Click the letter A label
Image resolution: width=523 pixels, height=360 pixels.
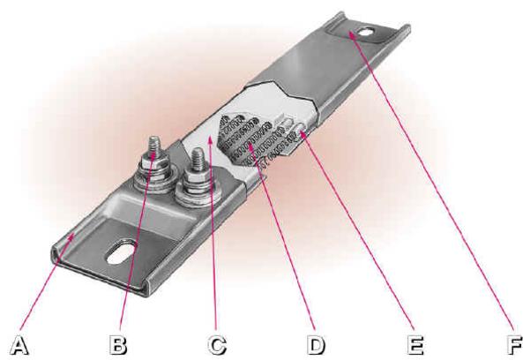[x=19, y=345]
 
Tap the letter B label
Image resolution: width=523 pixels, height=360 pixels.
[x=118, y=344]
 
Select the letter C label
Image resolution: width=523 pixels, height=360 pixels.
[x=217, y=345]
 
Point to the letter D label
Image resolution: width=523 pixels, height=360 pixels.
[x=315, y=345]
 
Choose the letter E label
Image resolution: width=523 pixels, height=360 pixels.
[x=415, y=345]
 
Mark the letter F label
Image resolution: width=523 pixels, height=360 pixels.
[x=515, y=345]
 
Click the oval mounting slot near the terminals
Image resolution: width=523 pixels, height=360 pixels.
[x=121, y=251]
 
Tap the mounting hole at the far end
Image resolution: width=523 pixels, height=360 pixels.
[x=366, y=32]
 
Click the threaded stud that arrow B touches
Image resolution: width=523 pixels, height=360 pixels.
[x=153, y=147]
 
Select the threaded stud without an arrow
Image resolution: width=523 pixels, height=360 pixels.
[x=198, y=159]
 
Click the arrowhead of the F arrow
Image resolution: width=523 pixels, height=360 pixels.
[x=351, y=34]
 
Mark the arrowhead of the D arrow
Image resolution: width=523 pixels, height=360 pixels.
[x=250, y=146]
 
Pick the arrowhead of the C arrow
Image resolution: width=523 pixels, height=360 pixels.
[x=210, y=139]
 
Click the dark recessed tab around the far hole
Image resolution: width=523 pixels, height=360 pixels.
[x=360, y=34]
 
